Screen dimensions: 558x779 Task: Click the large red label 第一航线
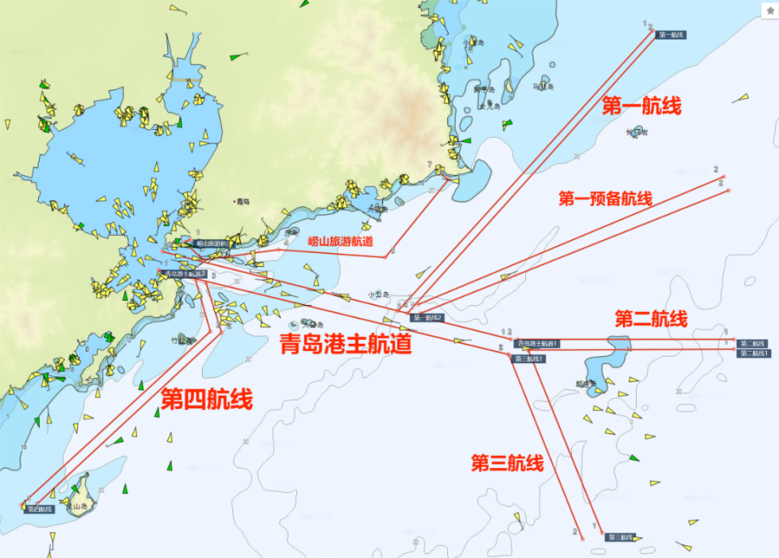pos(641,105)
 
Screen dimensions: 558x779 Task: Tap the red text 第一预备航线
pos(605,199)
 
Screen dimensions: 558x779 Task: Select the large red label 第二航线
pos(651,318)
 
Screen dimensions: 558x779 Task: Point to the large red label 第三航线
pos(507,463)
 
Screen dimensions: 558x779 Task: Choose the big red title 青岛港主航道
pos(346,344)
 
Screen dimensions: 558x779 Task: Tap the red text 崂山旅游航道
pos(341,241)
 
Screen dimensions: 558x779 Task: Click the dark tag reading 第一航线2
pos(427,317)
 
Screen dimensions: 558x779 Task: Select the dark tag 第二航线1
pos(754,353)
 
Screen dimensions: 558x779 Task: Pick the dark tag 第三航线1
pos(529,358)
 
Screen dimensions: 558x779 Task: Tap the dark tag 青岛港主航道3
pos(186,274)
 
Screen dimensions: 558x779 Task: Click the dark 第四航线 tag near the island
pos(39,509)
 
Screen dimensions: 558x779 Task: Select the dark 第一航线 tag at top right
pos(672,35)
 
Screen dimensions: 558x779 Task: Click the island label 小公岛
pos(379,294)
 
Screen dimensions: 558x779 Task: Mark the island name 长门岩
pos(637,132)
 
